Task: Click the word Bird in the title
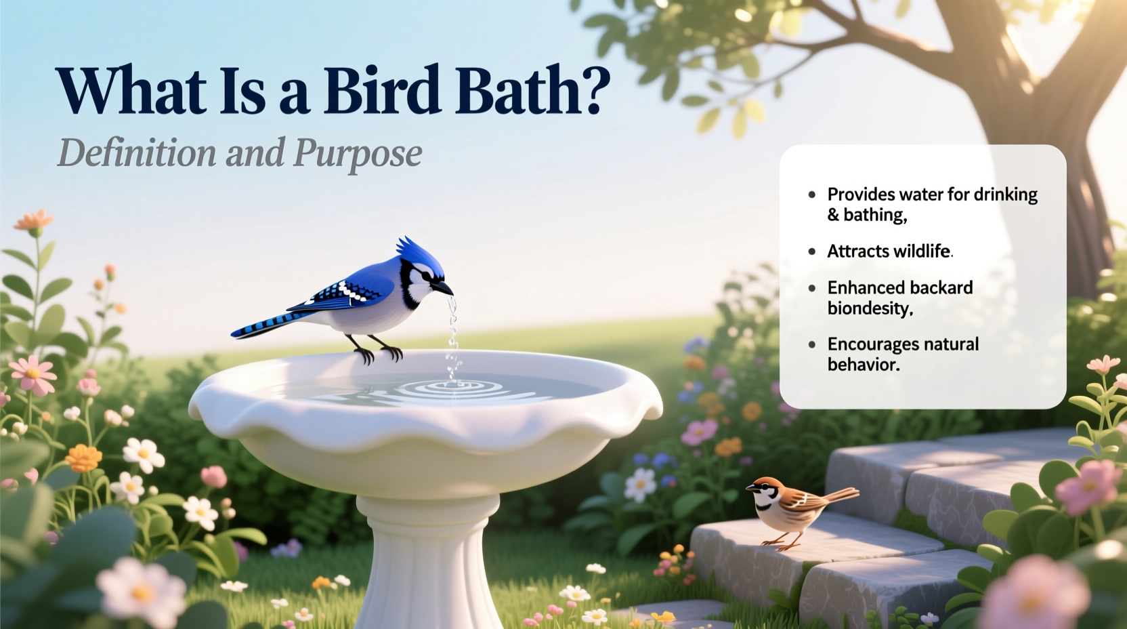point(381,91)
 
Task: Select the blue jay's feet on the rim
point(379,352)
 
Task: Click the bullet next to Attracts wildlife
point(812,251)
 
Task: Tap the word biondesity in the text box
point(870,308)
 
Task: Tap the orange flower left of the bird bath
point(83,458)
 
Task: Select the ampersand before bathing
point(833,216)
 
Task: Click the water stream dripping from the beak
point(452,332)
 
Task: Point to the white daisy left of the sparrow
point(639,484)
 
